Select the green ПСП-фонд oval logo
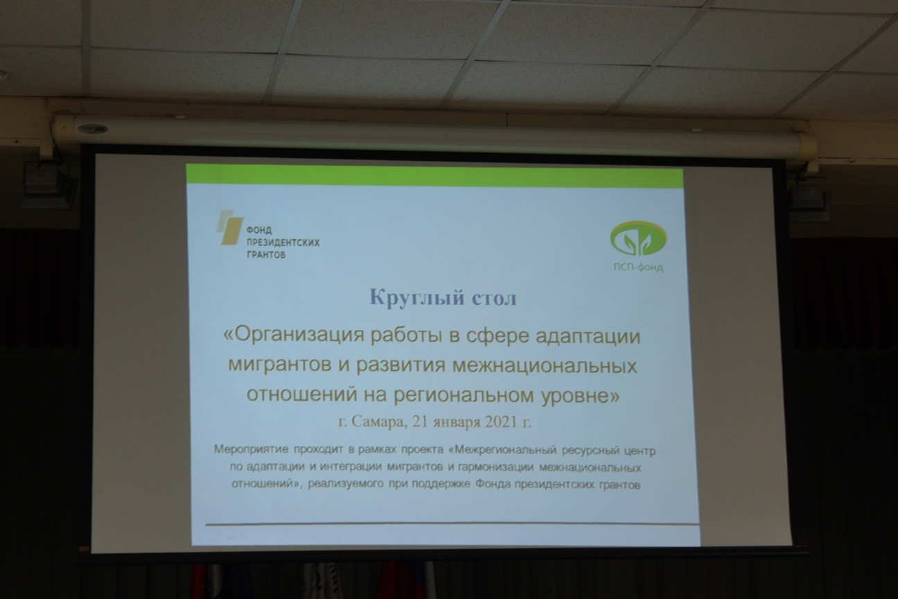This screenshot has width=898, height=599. tap(638, 239)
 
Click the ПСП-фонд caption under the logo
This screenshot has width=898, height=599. tap(639, 267)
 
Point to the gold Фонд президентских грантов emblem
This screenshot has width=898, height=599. tap(230, 227)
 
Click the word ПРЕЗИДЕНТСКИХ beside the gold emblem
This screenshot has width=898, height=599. tap(283, 243)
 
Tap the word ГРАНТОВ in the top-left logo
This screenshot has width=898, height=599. tap(266, 254)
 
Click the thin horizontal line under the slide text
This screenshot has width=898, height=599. tap(452, 524)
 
